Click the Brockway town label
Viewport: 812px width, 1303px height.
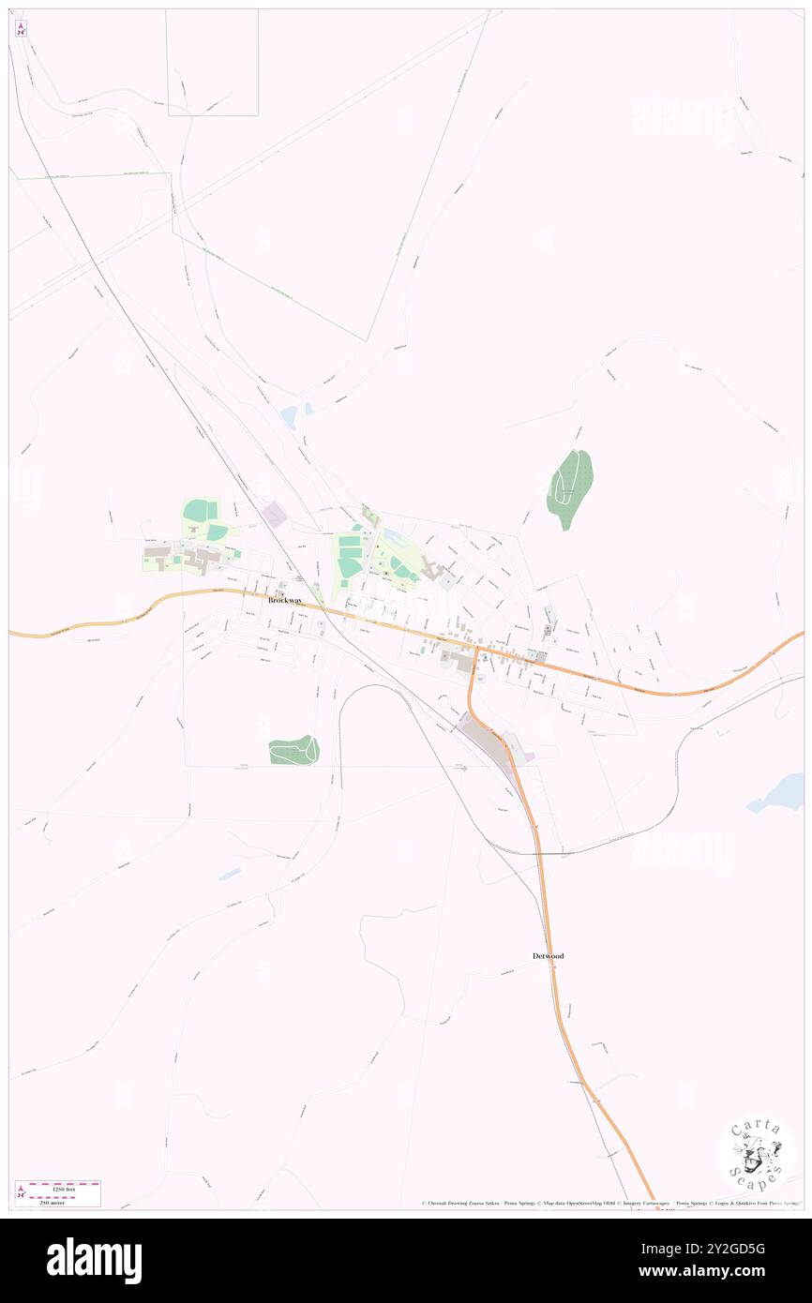pyautogui.click(x=284, y=600)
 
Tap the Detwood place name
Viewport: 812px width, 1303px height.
pyautogui.click(x=548, y=955)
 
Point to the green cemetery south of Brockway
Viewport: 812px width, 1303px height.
pyautogui.click(x=293, y=750)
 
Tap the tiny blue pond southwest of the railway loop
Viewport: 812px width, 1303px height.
pyautogui.click(x=229, y=875)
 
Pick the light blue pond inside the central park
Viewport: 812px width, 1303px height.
pyautogui.click(x=392, y=535)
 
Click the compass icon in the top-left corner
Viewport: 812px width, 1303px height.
pyautogui.click(x=21, y=29)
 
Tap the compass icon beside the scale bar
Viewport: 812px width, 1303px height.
pyautogui.click(x=22, y=1192)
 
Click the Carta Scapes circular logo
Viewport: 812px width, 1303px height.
pyautogui.click(x=756, y=1153)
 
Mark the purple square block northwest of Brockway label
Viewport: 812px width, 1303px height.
pyautogui.click(x=275, y=513)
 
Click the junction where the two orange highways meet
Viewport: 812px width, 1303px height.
pyautogui.click(x=476, y=648)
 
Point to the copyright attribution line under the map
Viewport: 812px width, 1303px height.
pyautogui.click(x=609, y=1204)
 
